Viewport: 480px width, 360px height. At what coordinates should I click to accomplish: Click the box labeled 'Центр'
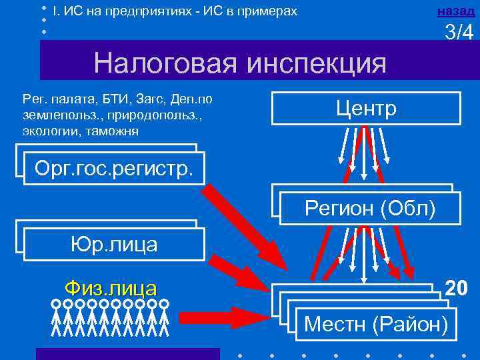point(366,109)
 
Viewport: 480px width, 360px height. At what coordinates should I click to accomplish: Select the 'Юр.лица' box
point(114,244)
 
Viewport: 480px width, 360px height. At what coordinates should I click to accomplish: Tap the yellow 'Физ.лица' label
point(111,288)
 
